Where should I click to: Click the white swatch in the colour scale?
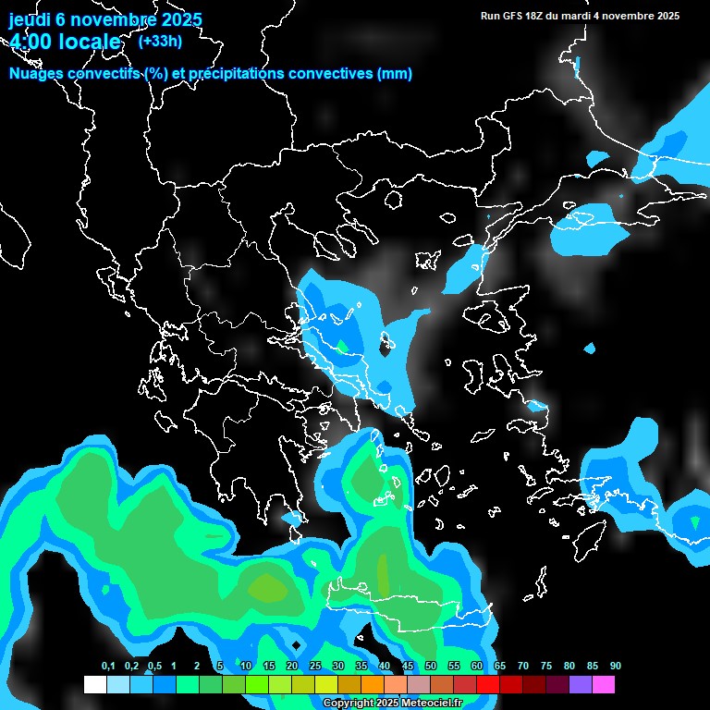pos(94,685)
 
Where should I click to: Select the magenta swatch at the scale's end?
pos(603,685)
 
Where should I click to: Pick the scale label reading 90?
pos(615,666)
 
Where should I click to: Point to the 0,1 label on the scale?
pos(107,666)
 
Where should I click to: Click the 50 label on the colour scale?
pos(430,666)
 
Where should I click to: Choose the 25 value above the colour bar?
pos(314,666)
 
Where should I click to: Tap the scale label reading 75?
pos(545,666)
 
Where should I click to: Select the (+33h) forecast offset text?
pos(159,41)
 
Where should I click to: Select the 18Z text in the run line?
pos(538,15)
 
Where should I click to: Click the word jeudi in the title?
pos(30,19)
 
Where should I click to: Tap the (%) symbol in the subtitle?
pos(153,74)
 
